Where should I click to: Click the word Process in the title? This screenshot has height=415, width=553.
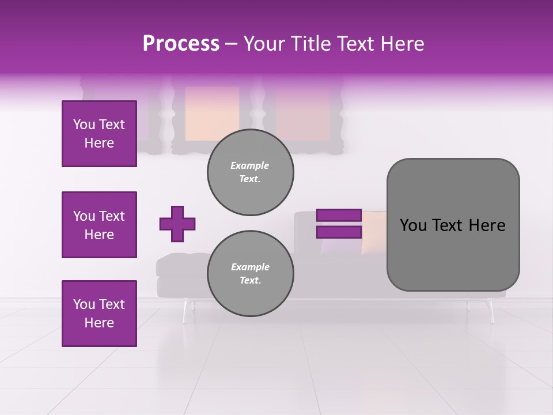[x=181, y=44]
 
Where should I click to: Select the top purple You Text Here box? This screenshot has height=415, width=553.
[x=99, y=134]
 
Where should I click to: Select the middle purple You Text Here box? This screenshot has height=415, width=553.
[x=99, y=225]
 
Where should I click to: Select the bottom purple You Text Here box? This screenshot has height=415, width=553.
[x=99, y=314]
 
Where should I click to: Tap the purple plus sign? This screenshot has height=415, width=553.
[x=177, y=224]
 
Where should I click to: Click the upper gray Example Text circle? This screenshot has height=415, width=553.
[x=250, y=172]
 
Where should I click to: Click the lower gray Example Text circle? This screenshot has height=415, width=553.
[x=250, y=274]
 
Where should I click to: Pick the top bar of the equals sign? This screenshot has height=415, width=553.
[x=339, y=216]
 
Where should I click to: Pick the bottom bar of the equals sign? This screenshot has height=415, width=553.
[x=339, y=232]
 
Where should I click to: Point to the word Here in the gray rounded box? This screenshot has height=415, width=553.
[x=487, y=225]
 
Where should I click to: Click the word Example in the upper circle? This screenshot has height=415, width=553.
[x=250, y=165]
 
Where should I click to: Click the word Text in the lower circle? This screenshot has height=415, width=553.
[x=250, y=281]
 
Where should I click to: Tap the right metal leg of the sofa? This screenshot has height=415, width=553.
[x=491, y=312]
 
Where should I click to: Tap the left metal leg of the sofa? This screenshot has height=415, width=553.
[x=185, y=311]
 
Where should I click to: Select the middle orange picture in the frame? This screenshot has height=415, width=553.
[x=212, y=114]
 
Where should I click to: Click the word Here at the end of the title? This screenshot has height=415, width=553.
[x=403, y=44]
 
